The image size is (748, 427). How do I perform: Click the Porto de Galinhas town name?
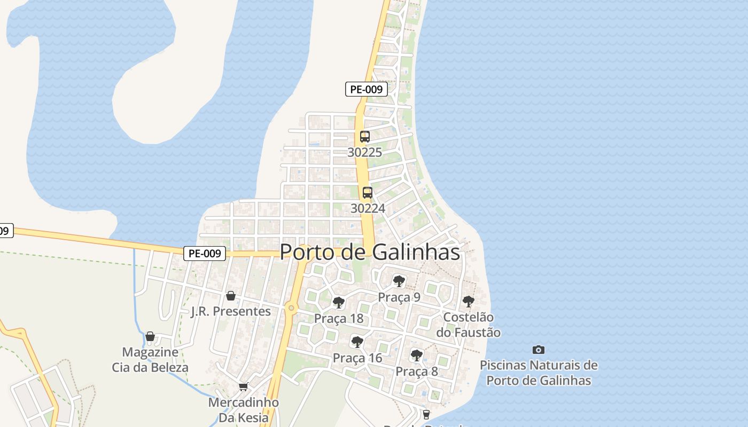tap(370, 252)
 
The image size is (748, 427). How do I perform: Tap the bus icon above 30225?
tap(365, 137)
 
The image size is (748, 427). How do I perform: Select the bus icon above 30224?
tap(368, 193)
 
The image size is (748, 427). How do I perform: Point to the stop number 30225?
tap(365, 153)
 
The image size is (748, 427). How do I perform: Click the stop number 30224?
tap(368, 208)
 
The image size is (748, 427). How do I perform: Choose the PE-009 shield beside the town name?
tap(205, 254)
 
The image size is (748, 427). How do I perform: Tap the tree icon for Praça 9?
tap(399, 281)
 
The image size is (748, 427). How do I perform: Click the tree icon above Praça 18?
tap(339, 303)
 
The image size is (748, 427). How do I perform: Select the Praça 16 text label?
tap(357, 358)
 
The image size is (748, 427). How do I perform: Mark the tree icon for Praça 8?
tap(417, 355)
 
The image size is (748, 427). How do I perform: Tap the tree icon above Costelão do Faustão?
tap(469, 302)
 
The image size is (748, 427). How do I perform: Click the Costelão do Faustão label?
tap(469, 325)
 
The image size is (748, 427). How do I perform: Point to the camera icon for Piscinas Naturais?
tap(539, 350)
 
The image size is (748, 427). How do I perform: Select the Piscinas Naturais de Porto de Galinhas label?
tap(539, 373)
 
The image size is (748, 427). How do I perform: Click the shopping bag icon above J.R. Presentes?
tap(231, 296)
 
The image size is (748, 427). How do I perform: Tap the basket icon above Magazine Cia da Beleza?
tap(150, 337)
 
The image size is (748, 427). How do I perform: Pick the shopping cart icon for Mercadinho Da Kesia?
tap(244, 386)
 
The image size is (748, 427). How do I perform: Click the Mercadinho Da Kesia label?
tap(244, 410)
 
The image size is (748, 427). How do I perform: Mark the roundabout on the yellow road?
tap(291, 308)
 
